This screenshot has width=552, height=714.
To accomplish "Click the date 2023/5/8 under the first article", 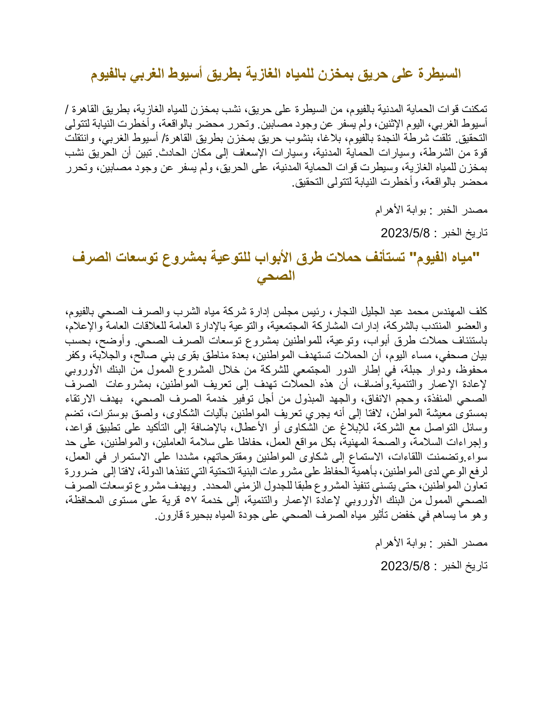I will pyautogui.click(x=405, y=233).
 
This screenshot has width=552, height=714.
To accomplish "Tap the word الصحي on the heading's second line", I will pyautogui.click(x=276, y=276).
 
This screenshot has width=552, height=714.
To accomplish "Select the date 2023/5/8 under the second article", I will pyautogui.click(x=405, y=566).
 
